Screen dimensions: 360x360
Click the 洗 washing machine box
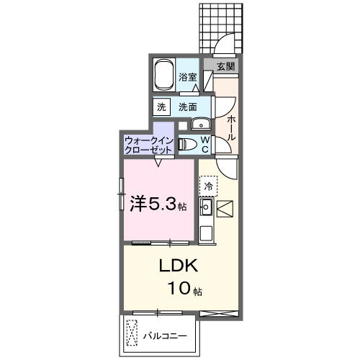tap(161, 106)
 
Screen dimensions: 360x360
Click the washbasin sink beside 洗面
tap(201, 122)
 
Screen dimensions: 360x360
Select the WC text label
tap(204, 144)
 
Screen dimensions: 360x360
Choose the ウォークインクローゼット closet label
tap(148, 144)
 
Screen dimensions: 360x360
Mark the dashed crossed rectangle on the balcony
tap(132, 333)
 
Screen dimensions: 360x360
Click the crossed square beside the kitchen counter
tap(223, 210)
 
